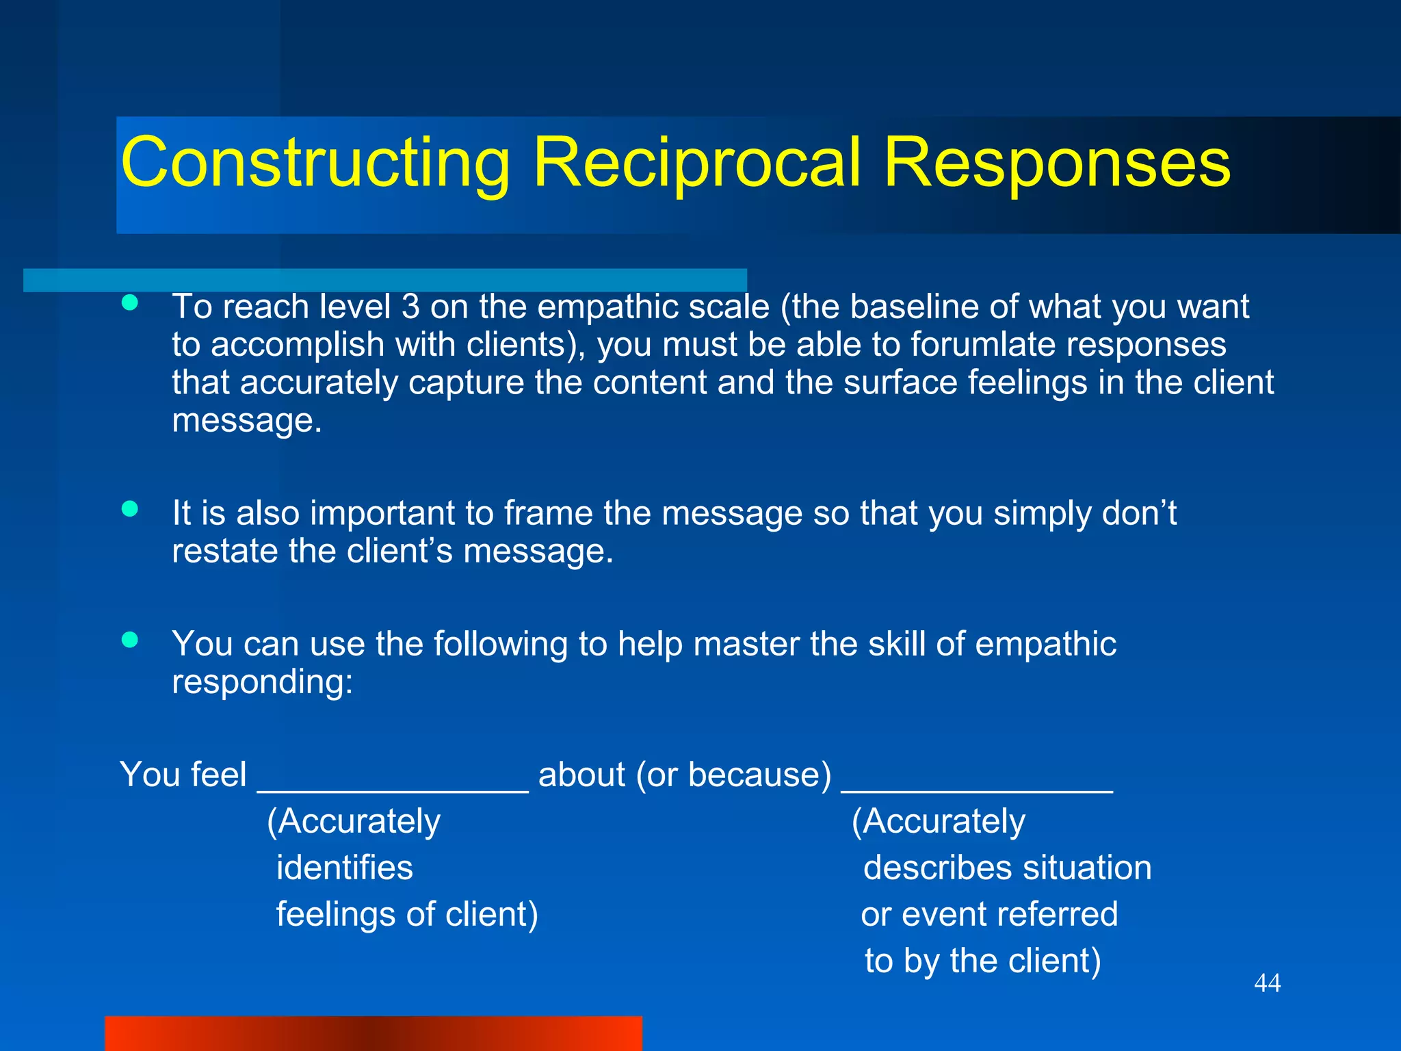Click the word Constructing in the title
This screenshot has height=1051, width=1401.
click(315, 163)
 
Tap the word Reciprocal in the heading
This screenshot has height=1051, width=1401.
click(696, 163)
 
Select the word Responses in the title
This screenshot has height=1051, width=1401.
click(1056, 163)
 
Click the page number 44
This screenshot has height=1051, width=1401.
click(1267, 983)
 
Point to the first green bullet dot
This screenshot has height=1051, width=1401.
click(130, 303)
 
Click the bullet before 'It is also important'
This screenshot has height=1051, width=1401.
click(130, 508)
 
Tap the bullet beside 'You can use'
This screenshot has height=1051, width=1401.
click(130, 640)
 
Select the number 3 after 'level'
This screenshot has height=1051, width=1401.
click(410, 307)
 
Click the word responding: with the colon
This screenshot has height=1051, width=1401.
click(262, 682)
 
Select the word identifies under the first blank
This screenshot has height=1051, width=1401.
click(345, 868)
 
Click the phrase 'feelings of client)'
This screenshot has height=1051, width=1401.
click(407, 914)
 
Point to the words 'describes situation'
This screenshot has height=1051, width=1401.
click(1007, 868)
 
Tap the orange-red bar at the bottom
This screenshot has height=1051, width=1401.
click(373, 1033)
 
